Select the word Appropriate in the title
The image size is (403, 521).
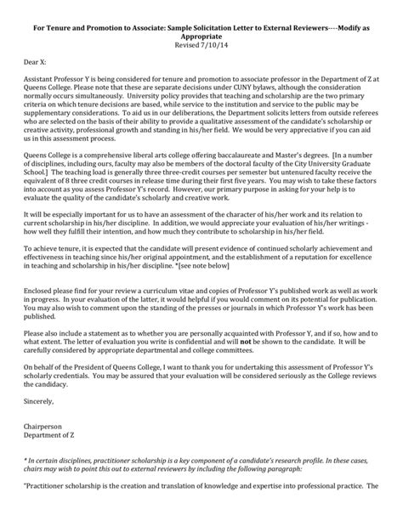coord(201,35)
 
